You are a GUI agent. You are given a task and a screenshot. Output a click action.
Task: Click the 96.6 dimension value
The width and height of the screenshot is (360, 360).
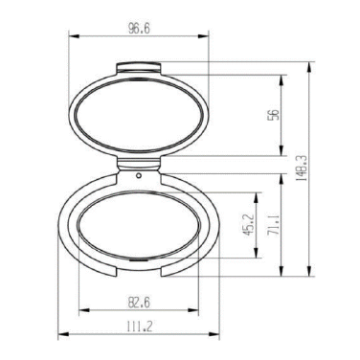click(x=139, y=29)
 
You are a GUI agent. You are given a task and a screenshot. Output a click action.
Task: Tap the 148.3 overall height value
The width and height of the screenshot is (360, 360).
click(x=303, y=169)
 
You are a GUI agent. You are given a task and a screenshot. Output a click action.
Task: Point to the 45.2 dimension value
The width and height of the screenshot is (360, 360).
click(x=249, y=224)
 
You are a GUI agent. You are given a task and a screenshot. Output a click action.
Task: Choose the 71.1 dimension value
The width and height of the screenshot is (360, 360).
click(x=274, y=225)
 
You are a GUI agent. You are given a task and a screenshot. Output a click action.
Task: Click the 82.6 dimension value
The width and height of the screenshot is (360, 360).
click(x=139, y=303)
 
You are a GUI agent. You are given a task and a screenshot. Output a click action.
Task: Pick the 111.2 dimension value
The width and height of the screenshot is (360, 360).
click(x=140, y=326)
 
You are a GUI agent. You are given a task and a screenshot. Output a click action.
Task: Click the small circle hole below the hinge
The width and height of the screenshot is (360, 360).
click(x=139, y=175)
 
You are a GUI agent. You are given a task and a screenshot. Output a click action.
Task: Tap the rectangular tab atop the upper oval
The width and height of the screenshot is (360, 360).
click(x=138, y=68)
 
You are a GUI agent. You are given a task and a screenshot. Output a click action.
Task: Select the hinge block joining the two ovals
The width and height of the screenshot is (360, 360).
click(x=138, y=164)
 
